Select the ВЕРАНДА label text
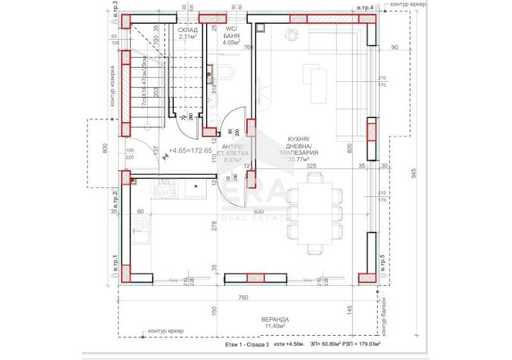coord(275,318)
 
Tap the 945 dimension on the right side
coord(414,172)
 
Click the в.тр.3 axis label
coord(115,12)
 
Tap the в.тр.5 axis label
coord(383,263)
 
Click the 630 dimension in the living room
coord(259,211)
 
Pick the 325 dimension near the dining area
coord(312,165)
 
